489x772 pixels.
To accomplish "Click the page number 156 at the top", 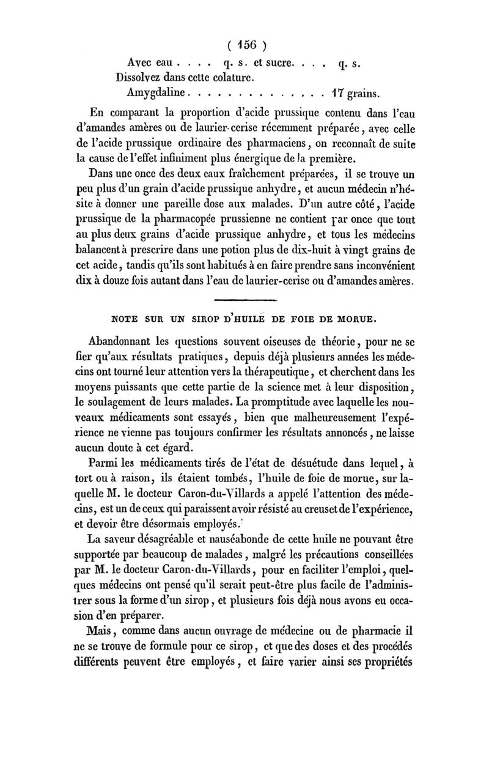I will tap(244, 46).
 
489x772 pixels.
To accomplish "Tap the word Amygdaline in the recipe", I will tap(155, 94).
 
